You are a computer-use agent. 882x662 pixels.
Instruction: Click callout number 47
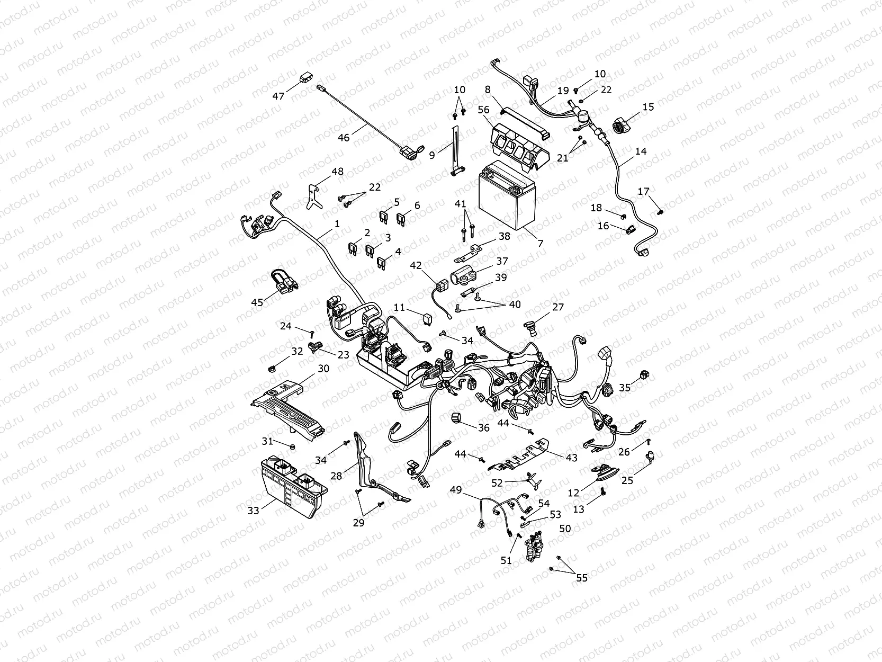tap(278, 96)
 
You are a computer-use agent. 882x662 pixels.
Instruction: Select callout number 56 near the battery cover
tap(483, 109)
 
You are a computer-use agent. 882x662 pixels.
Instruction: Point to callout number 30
tap(323, 368)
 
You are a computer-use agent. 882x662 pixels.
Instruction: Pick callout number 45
tap(257, 302)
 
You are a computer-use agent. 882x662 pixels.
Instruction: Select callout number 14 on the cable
tap(641, 151)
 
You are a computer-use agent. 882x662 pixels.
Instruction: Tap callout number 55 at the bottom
tap(582, 578)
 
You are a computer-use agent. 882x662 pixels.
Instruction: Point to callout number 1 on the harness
tap(337, 224)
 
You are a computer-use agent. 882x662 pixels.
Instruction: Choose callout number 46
tap(344, 138)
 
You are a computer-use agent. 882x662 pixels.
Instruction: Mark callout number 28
tap(337, 476)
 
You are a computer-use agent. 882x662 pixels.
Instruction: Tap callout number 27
tap(558, 307)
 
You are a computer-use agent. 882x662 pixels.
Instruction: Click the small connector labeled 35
tap(644, 375)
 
